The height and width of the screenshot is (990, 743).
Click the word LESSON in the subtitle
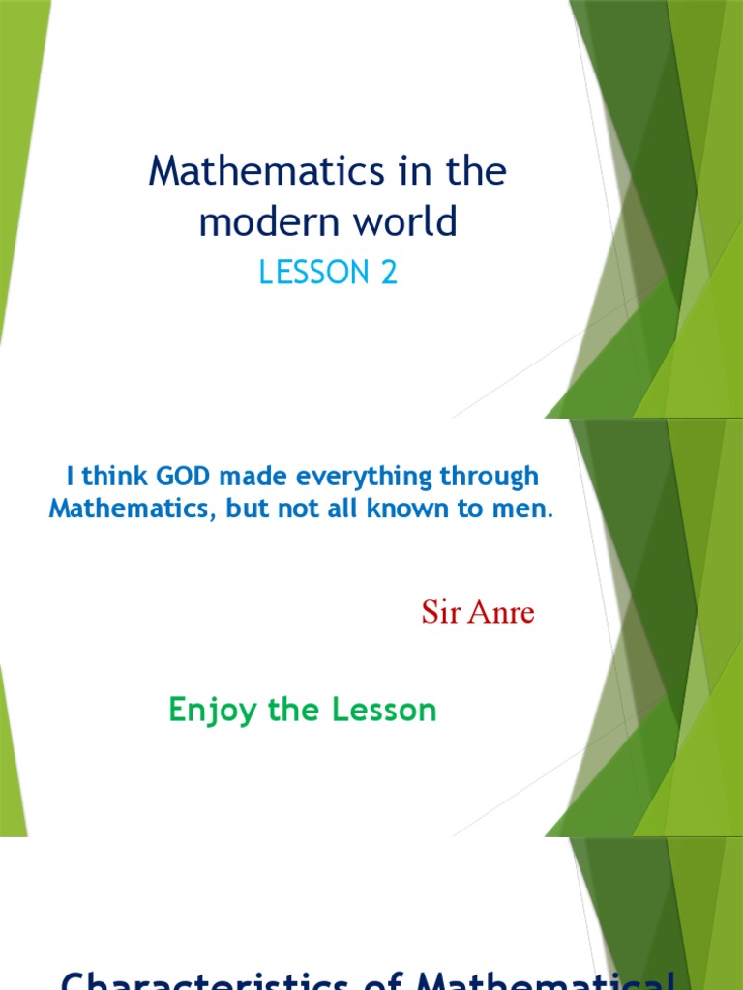click(305, 274)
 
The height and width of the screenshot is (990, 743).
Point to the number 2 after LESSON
click(388, 274)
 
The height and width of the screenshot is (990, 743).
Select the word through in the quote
click(489, 477)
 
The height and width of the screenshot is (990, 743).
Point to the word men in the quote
click(521, 510)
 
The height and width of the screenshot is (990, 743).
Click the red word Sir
click(440, 612)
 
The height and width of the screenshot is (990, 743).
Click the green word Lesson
click(385, 711)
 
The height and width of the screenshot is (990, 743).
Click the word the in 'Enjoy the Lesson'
click(294, 711)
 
